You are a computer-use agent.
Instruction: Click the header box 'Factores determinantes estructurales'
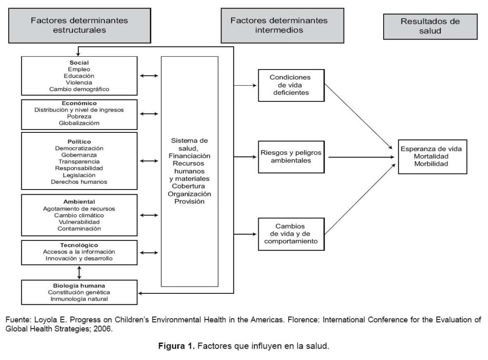pyautogui.click(x=79, y=25)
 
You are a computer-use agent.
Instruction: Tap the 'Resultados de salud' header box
pyautogui.click(x=430, y=26)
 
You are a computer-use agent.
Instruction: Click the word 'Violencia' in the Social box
pyautogui.click(x=79, y=82)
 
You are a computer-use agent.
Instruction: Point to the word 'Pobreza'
pyautogui.click(x=79, y=116)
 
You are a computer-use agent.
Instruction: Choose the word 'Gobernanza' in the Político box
pyautogui.click(x=79, y=155)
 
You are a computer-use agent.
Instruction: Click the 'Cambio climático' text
pyautogui.click(x=79, y=215)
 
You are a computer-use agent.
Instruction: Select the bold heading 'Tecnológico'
pyautogui.click(x=79, y=245)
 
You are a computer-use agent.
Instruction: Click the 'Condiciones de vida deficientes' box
pyautogui.click(x=291, y=85)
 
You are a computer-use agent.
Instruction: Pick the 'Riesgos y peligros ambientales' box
pyautogui.click(x=291, y=157)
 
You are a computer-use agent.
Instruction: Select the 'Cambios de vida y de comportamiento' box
pyautogui.click(x=291, y=234)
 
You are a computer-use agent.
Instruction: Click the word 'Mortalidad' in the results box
pyautogui.click(x=431, y=156)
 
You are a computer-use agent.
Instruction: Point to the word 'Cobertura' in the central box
pyautogui.click(x=189, y=186)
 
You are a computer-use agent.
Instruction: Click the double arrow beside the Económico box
pyautogui.click(x=149, y=114)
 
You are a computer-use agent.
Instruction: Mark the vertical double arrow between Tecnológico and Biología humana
pyautogui.click(x=79, y=272)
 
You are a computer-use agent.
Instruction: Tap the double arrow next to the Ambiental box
pyautogui.click(x=149, y=215)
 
